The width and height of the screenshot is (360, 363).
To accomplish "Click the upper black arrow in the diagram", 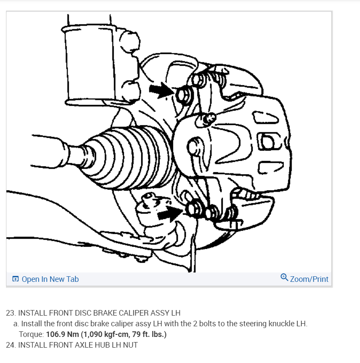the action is tap(160, 91).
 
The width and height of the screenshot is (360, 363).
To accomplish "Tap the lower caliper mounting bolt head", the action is tap(194, 208).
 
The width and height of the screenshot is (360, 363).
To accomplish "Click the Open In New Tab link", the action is tap(50, 279).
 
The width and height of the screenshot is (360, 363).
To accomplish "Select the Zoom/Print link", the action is tap(309, 279).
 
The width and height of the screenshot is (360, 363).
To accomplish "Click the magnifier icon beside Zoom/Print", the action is tap(284, 278).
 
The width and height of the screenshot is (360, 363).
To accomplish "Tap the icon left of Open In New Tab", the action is tap(15, 279).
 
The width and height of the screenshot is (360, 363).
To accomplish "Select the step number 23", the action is tap(10, 313).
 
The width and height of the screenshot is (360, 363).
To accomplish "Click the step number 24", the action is tap(10, 345).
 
